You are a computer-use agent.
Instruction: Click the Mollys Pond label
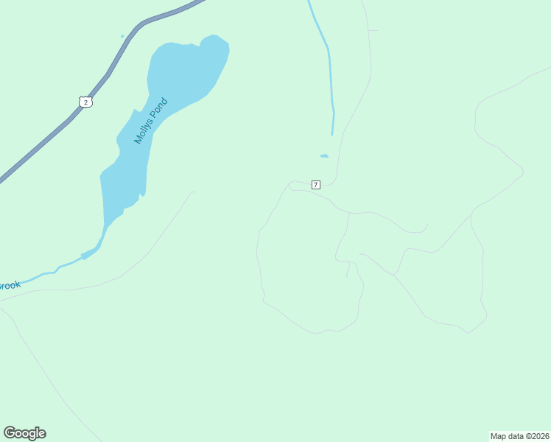point(151,121)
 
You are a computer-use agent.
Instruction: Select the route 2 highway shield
point(86,102)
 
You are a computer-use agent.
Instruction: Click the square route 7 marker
point(316,184)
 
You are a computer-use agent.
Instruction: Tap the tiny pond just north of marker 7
point(324,155)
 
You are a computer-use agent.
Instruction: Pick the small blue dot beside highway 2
point(122,35)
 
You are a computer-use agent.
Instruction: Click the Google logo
point(25,433)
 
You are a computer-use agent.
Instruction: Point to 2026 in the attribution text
point(539,435)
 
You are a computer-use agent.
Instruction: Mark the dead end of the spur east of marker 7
point(427,225)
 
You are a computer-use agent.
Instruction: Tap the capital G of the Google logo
point(10,433)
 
